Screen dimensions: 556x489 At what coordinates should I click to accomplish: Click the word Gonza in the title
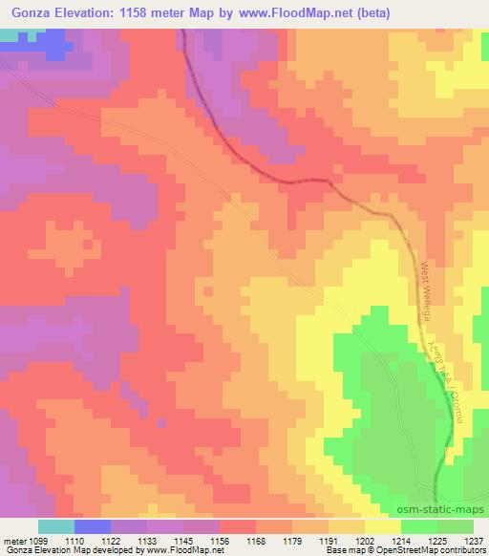[x=32, y=12]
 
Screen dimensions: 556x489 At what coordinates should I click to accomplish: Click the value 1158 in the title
[x=157, y=12]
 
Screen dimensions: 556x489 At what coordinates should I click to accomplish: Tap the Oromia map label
[x=454, y=397]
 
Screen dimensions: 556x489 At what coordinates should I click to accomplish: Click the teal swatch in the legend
[x=55, y=526]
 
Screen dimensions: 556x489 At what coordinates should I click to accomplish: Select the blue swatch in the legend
[x=92, y=526]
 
